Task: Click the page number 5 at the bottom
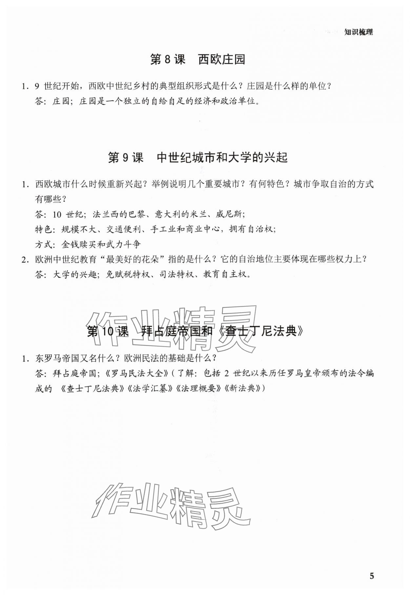point(371,576)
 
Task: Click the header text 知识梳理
point(359,32)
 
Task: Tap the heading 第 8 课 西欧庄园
point(197,60)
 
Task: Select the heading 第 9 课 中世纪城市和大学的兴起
point(197,158)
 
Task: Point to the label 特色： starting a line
point(44,229)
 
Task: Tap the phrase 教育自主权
point(225,275)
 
